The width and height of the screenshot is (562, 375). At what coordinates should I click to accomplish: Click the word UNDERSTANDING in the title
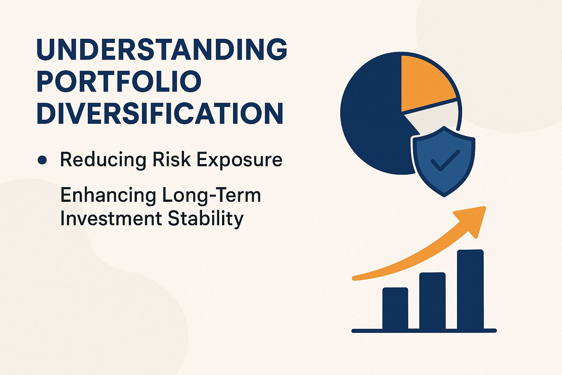click(162, 49)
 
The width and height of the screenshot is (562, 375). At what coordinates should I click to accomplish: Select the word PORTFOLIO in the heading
click(119, 81)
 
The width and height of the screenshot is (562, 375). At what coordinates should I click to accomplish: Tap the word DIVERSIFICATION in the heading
click(160, 113)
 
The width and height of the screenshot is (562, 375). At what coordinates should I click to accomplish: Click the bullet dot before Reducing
click(42, 160)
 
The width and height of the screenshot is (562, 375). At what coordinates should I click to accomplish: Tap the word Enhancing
click(108, 195)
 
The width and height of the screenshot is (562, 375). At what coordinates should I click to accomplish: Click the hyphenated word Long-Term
click(211, 195)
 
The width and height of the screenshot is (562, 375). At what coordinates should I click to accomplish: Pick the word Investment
click(111, 219)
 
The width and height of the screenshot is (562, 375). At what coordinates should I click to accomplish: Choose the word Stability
click(206, 219)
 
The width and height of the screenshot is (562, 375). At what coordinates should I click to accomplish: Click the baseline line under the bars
click(424, 331)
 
